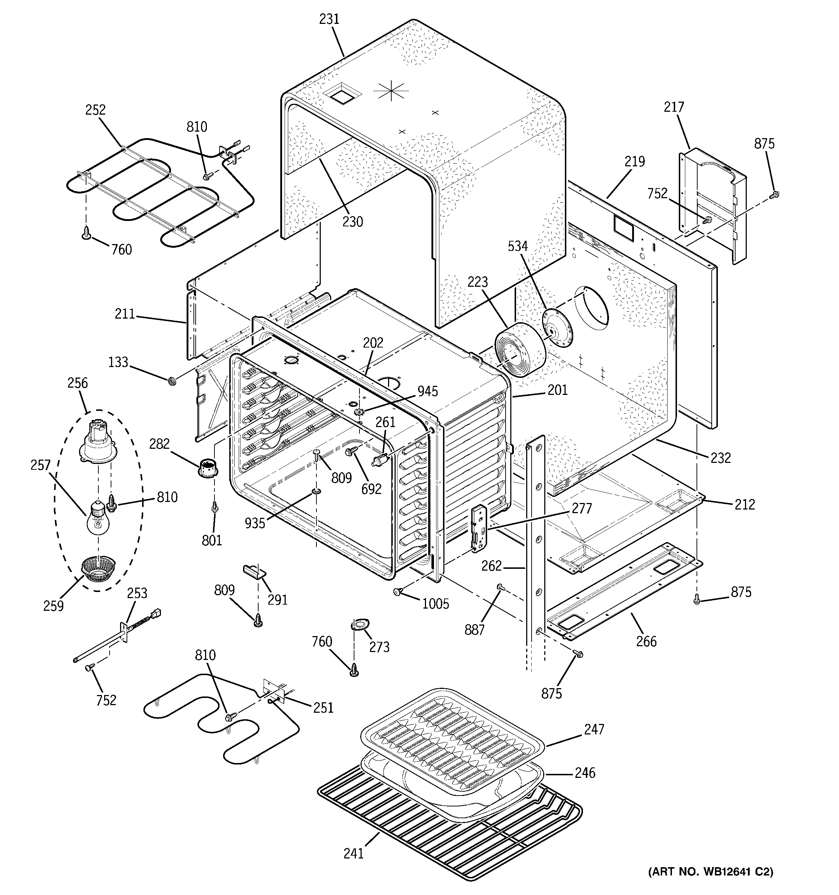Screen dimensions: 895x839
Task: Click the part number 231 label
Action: click(x=329, y=20)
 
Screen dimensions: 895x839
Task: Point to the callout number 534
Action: click(x=518, y=246)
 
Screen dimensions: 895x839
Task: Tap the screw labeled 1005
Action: click(x=398, y=592)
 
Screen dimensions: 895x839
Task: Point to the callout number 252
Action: click(x=95, y=110)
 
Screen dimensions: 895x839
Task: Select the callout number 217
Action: click(x=673, y=107)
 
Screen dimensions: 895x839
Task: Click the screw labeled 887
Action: click(x=499, y=587)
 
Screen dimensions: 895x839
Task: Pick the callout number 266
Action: click(x=646, y=641)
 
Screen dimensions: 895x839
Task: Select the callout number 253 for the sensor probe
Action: click(x=137, y=593)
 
